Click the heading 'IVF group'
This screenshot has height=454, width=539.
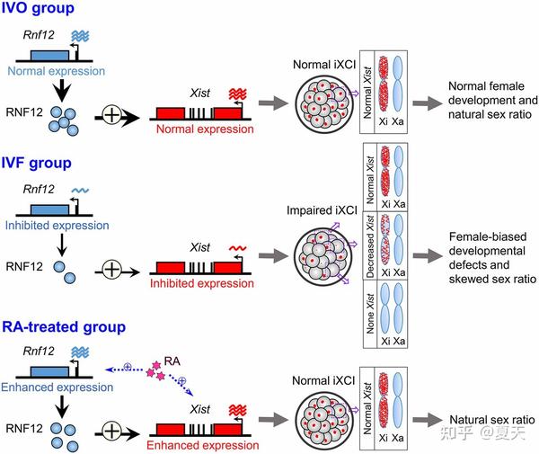click(x=40, y=165)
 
